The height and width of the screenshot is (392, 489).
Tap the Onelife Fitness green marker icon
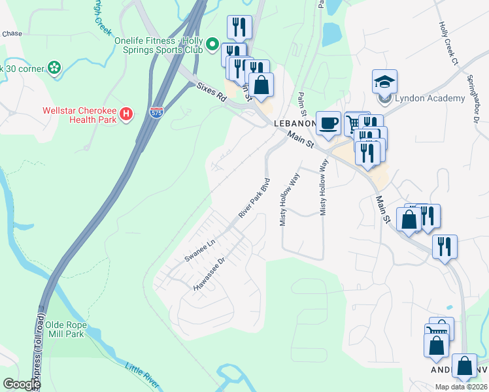click(212, 44)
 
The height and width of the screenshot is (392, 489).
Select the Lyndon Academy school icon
click(385, 82)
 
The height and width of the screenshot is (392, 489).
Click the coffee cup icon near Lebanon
click(328, 123)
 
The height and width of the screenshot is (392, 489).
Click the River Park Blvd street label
click(254, 197)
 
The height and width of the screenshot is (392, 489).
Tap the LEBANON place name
click(295, 122)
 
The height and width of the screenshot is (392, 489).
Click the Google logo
click(21, 384)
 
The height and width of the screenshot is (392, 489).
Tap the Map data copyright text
click(460, 387)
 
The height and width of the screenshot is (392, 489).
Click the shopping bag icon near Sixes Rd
click(261, 85)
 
